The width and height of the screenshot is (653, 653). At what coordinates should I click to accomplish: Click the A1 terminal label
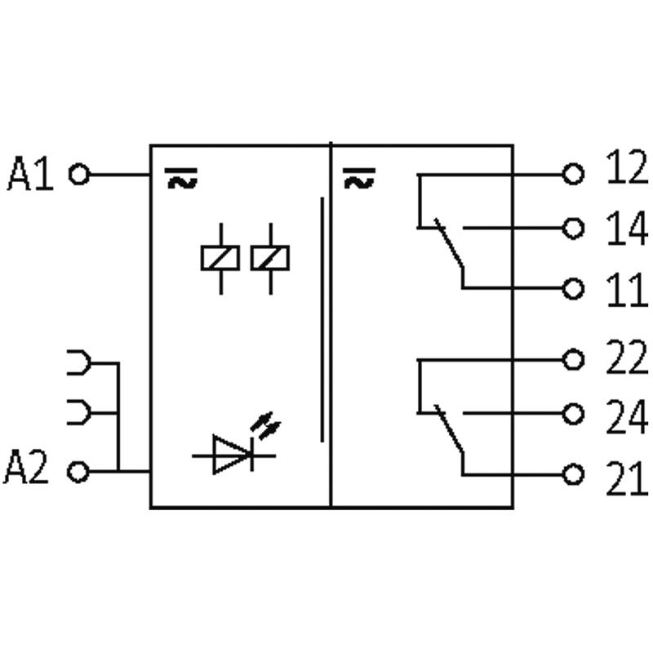tap(30, 174)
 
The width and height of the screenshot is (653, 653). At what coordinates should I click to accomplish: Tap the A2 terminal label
tap(27, 470)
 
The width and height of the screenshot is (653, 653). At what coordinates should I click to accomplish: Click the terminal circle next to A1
tap(78, 174)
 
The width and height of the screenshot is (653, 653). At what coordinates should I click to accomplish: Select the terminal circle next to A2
tap(78, 471)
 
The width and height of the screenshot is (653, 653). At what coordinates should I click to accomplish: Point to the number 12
tap(626, 169)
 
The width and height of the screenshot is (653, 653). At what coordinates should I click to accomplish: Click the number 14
tap(626, 229)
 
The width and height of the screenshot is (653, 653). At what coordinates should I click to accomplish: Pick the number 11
tap(626, 290)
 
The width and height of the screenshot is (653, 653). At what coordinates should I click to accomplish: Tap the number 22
tap(626, 358)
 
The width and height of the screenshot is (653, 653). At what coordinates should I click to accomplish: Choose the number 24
tap(626, 417)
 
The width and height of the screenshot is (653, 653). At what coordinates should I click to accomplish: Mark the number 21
tap(626, 478)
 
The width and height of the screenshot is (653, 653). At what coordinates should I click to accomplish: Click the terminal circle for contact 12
tap(575, 174)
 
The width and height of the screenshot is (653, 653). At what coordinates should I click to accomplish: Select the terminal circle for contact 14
tap(575, 229)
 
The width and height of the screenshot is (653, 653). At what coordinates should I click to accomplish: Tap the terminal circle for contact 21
tap(575, 474)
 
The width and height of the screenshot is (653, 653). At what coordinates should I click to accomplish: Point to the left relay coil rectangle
tap(220, 257)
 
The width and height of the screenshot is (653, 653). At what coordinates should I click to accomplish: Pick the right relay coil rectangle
tap(269, 257)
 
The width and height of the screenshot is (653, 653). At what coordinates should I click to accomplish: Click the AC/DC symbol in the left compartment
tap(181, 177)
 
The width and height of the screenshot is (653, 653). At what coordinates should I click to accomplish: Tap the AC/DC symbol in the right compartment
tap(359, 177)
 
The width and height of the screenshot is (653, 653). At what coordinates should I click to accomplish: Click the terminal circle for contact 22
tap(575, 359)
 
